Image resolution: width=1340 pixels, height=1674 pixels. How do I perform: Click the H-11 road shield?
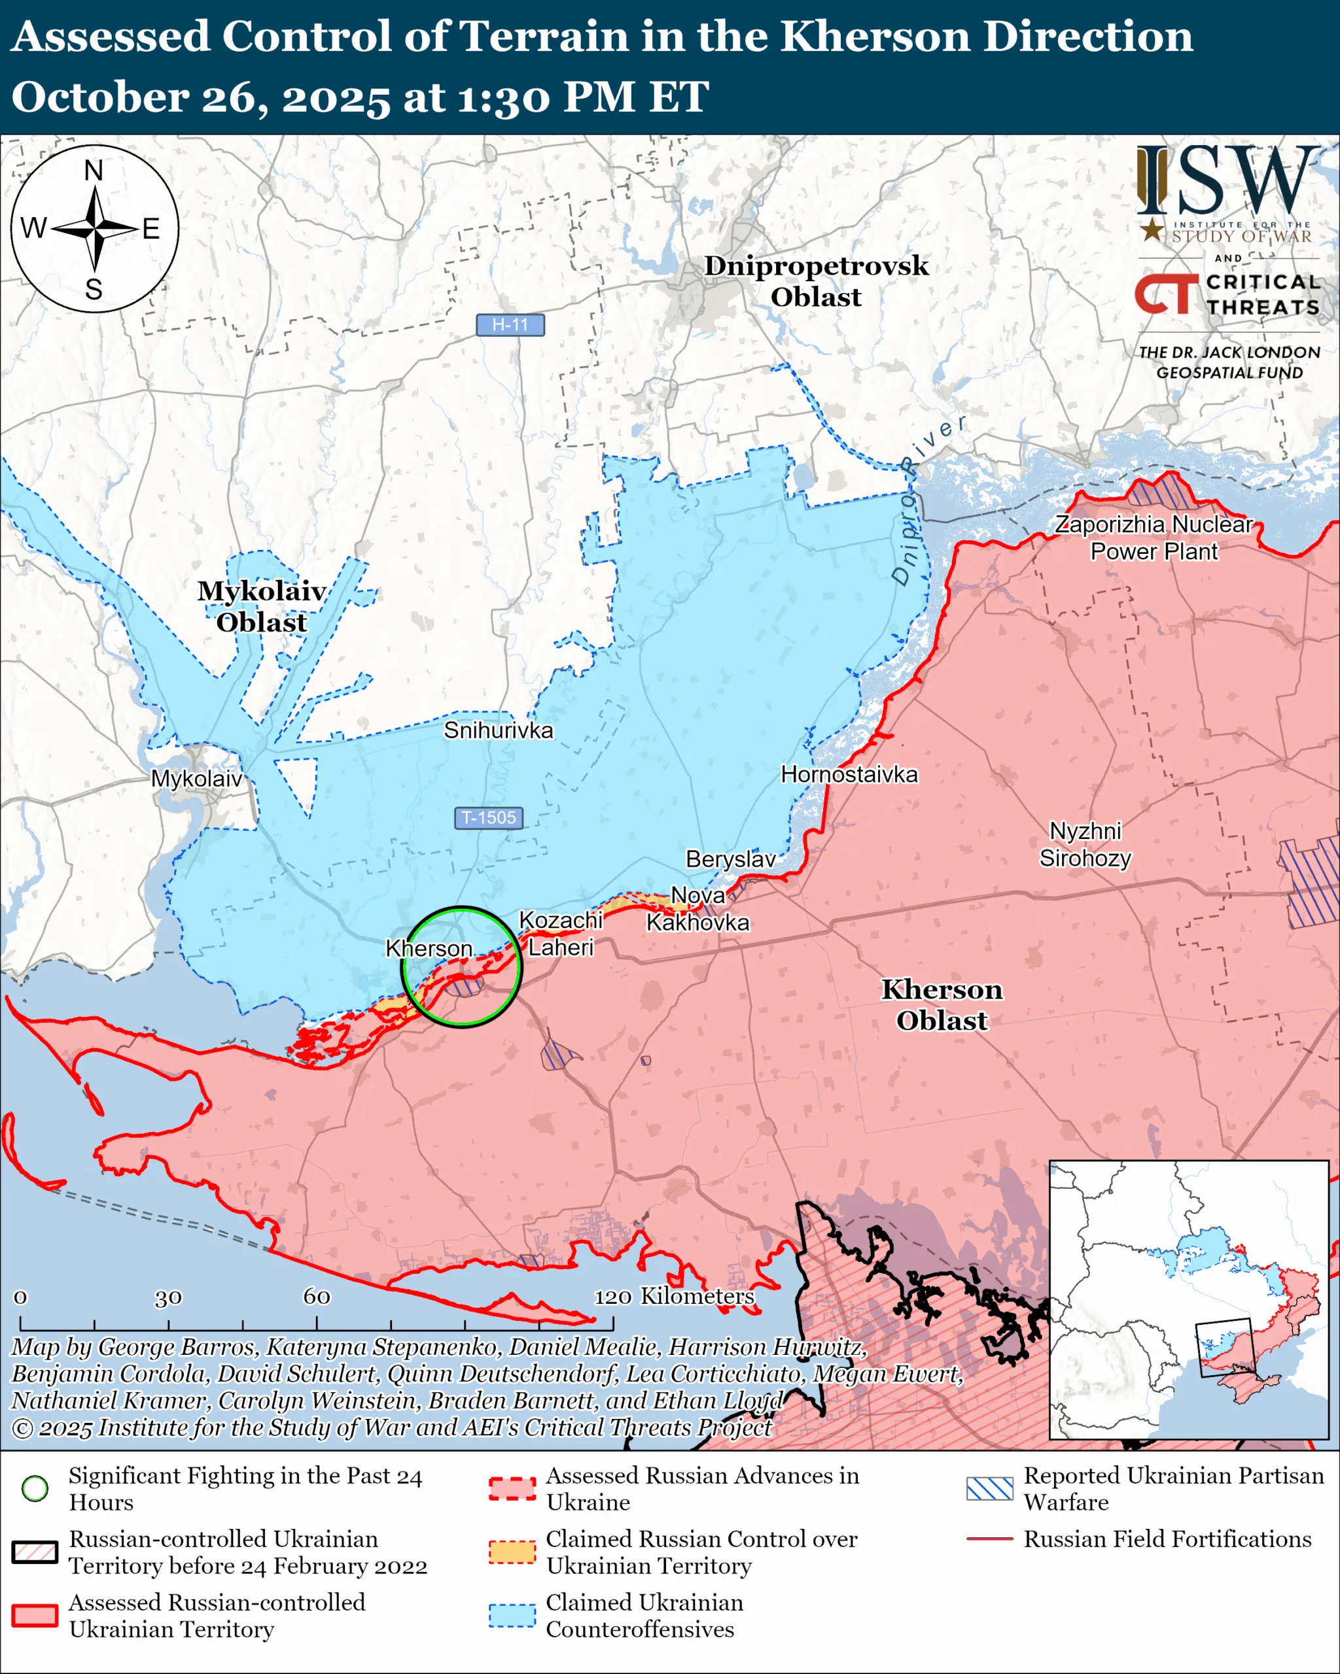click(510, 324)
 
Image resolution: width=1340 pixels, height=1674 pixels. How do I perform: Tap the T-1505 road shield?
click(488, 817)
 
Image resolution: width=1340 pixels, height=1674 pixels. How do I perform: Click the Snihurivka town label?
click(498, 730)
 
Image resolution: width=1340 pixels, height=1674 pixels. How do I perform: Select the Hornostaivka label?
click(849, 774)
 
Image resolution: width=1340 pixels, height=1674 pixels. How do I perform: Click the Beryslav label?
click(730, 859)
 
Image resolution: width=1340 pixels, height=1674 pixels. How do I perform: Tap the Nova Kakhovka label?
click(697, 909)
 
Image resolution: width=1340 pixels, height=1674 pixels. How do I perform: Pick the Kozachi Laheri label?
click(560, 933)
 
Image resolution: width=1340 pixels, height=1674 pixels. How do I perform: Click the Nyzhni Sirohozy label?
click(1085, 845)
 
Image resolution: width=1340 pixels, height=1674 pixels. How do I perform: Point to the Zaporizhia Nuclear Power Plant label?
click(1154, 538)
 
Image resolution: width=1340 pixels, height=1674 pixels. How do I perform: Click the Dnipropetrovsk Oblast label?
click(816, 281)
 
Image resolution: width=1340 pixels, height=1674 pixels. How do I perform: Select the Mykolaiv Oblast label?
click(261, 606)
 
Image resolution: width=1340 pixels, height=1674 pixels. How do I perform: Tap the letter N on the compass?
click(94, 171)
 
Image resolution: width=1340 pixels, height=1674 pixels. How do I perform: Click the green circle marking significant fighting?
click(462, 966)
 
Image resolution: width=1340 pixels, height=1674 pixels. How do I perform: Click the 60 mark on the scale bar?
click(316, 1297)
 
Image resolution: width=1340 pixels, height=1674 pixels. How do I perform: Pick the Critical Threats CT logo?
click(1166, 294)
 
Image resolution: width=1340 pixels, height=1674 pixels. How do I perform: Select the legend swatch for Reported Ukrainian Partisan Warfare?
click(990, 1488)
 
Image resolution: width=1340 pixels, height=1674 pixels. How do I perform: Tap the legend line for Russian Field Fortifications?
click(990, 1538)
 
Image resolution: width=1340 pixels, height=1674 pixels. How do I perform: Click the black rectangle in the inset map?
click(1225, 1347)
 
